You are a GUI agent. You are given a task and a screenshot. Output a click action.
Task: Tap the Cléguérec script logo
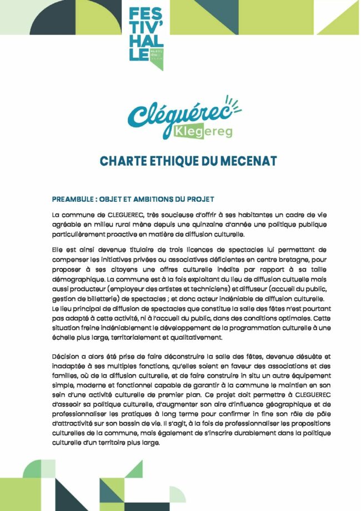click(180, 113)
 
